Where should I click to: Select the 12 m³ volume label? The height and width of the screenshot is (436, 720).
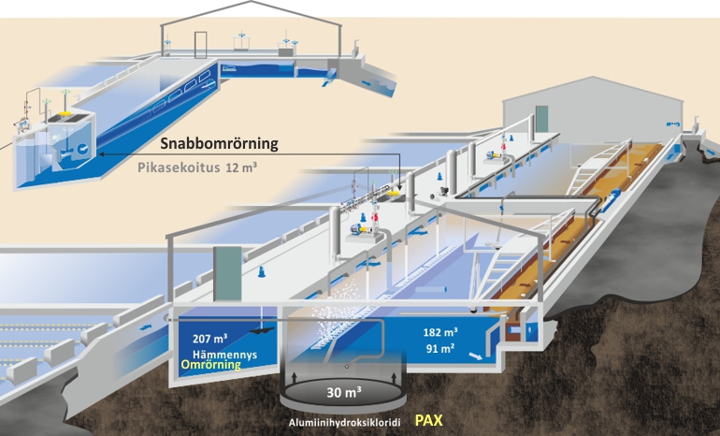243,168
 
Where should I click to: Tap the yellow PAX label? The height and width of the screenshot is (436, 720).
429,421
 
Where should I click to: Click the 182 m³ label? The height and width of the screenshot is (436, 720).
439,331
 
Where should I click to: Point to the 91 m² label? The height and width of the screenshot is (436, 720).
439,348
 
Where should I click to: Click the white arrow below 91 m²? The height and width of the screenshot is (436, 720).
478,357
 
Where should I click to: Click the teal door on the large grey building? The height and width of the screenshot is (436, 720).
540,122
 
